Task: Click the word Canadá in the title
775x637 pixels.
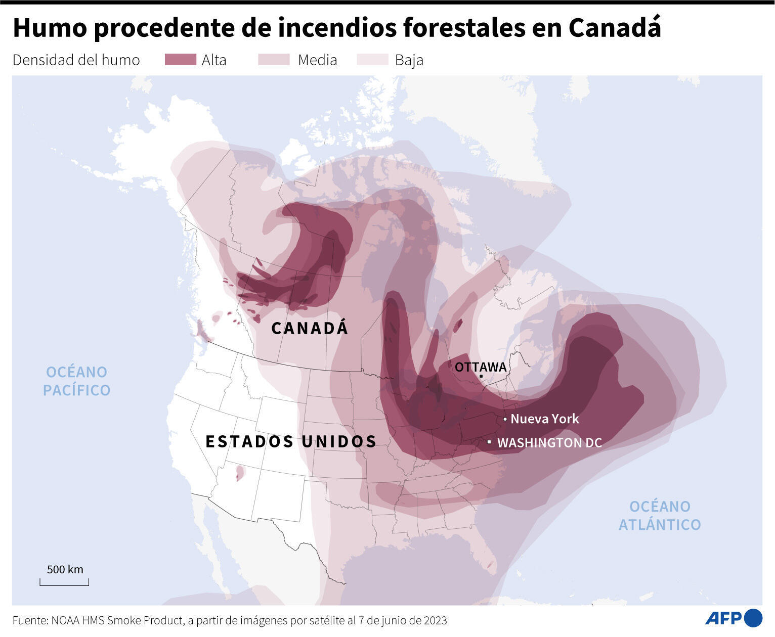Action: tap(615, 28)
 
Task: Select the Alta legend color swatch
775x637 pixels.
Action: tap(180, 60)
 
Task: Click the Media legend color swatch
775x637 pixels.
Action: tap(274, 60)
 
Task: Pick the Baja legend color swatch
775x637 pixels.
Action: tap(372, 60)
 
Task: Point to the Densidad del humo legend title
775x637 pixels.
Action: tap(76, 60)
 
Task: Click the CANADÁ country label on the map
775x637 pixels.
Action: tap(310, 328)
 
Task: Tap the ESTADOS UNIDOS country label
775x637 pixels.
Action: tap(291, 441)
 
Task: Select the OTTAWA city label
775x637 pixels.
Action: tap(480, 367)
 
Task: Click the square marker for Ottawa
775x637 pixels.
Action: tap(481, 376)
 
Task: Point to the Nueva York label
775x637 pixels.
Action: tap(544, 419)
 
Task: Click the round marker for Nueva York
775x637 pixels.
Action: tap(505, 419)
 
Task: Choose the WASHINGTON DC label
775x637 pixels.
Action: tap(549, 443)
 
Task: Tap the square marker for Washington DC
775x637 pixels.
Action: tap(489, 442)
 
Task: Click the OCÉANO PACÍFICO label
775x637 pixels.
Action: tap(76, 381)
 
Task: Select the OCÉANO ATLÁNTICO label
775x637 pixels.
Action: tap(660, 515)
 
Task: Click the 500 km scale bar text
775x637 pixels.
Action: tap(65, 569)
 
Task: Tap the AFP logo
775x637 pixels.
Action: tap(733, 618)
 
